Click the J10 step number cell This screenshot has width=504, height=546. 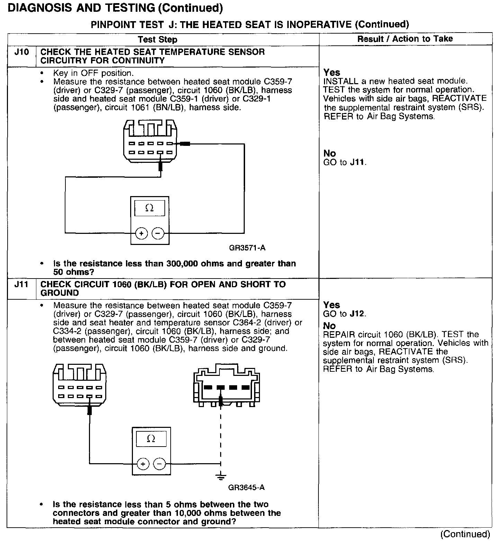21,52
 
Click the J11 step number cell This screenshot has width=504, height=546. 21,285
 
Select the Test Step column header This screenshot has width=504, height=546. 157,39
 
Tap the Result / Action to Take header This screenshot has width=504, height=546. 405,39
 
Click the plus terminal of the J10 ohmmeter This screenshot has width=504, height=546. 141,234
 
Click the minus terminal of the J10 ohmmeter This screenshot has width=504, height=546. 158,234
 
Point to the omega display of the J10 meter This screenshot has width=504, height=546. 150,208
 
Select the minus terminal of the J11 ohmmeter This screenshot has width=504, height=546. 160,464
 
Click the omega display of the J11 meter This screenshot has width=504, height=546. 151,439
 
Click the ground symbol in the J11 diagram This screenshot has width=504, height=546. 220,477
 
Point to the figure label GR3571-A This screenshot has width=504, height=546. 247,248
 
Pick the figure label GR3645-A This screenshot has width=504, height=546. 246,487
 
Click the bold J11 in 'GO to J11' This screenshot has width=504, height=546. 357,162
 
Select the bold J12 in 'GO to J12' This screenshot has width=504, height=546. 357,314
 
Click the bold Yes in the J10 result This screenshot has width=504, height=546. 332,72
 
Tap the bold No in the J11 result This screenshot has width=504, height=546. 329,326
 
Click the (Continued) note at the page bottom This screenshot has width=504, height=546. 465,534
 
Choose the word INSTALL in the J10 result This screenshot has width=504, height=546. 336,81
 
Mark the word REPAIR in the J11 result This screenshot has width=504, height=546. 335,335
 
